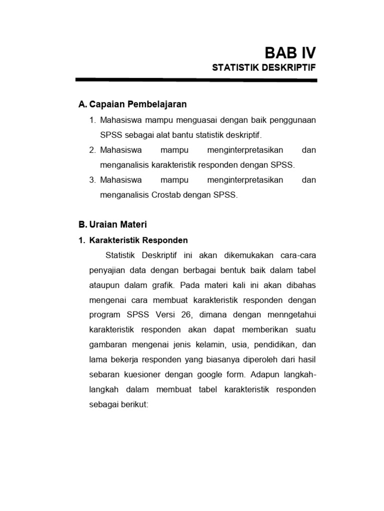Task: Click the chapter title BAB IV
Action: pyautogui.click(x=290, y=52)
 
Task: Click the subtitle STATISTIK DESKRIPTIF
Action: pyautogui.click(x=264, y=68)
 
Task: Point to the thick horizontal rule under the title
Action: pyautogui.click(x=196, y=80)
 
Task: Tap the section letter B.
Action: pyautogui.click(x=82, y=225)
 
